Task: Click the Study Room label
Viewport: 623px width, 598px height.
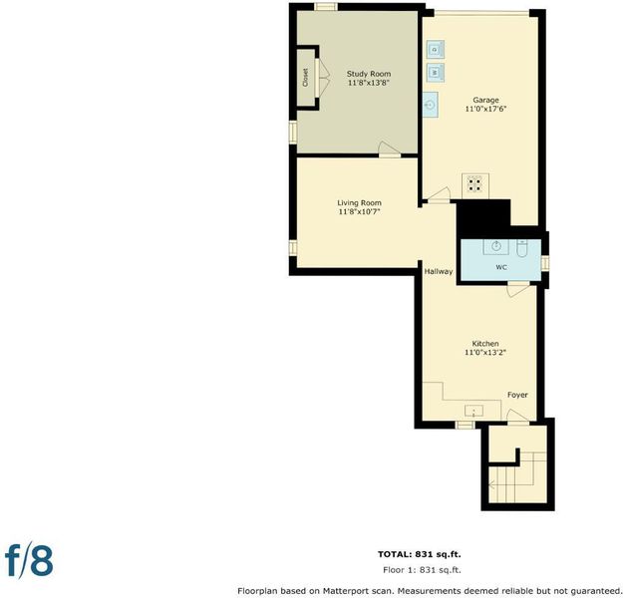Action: [x=368, y=74]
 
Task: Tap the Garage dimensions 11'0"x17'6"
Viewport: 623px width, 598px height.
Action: [x=485, y=109]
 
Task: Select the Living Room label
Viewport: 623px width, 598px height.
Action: [x=359, y=203]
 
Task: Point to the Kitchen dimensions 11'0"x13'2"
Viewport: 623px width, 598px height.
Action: [x=485, y=353]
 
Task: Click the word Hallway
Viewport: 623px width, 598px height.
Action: [x=439, y=272]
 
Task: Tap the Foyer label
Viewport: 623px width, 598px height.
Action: [x=517, y=395]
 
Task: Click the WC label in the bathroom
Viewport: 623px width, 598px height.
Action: [x=501, y=268]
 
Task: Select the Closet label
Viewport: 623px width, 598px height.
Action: [x=305, y=78]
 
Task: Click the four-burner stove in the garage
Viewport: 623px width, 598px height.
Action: [x=475, y=184]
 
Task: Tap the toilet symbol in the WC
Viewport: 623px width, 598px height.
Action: [x=522, y=248]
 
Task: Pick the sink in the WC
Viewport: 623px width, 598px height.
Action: [x=495, y=247]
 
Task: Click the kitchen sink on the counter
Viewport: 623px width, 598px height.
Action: [x=474, y=411]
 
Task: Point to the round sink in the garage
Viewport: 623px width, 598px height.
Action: [x=430, y=105]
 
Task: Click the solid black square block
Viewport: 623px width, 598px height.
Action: [x=483, y=216]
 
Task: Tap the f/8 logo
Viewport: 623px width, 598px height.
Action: [x=29, y=561]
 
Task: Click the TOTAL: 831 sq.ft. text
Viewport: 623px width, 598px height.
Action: [x=420, y=554]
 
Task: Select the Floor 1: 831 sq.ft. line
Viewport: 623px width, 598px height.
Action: [x=422, y=570]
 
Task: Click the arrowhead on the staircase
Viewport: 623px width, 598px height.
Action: [x=491, y=485]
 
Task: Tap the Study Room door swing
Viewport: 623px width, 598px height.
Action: [x=389, y=148]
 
